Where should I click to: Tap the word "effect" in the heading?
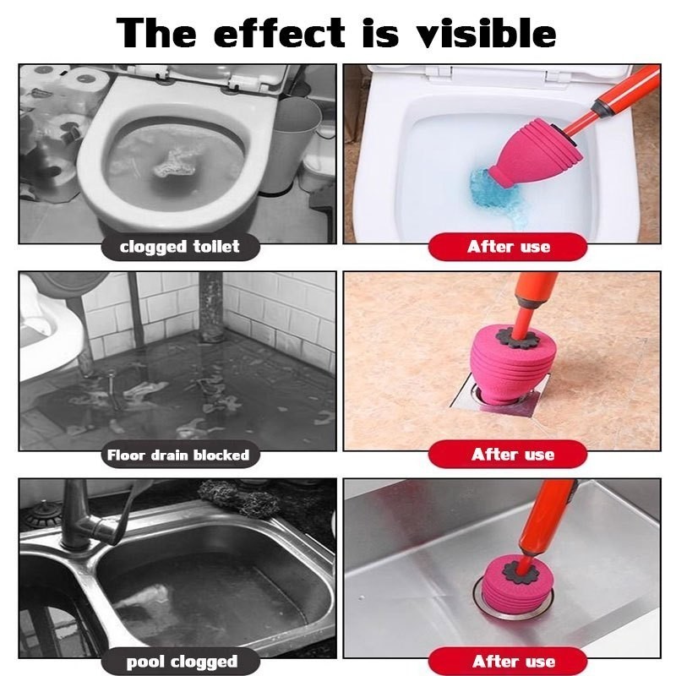tap(279, 34)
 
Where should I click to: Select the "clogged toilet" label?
tap(180, 247)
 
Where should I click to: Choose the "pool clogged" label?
tap(180, 662)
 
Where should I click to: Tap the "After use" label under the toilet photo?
tap(508, 247)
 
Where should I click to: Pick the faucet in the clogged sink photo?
tap(86, 517)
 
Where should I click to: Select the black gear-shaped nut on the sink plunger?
tap(523, 572)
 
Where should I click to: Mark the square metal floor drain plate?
tap(500, 395)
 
